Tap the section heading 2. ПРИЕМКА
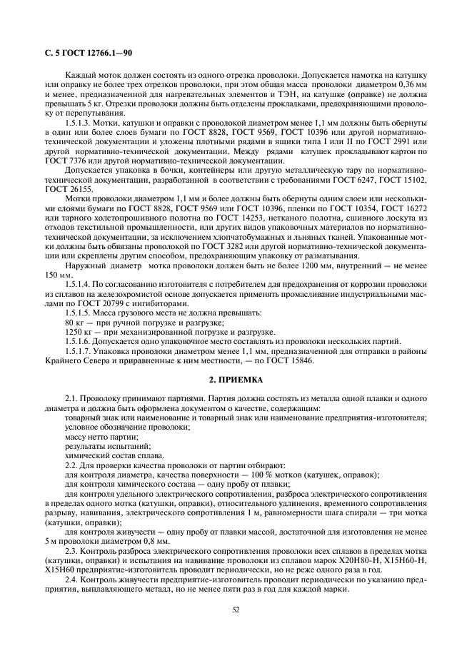click(x=236, y=380)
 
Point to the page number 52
click(x=236, y=608)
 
